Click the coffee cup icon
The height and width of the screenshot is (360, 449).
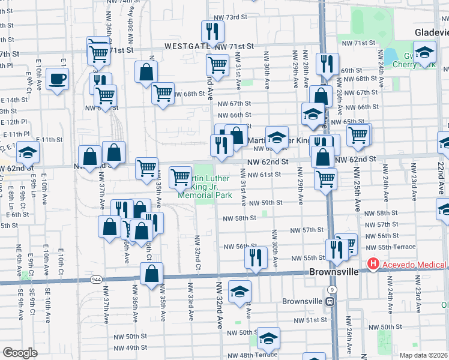[58, 79]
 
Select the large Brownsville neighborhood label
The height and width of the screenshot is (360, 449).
[334, 271]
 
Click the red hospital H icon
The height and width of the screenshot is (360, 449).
[373, 264]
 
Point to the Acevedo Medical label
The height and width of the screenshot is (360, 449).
[415, 265]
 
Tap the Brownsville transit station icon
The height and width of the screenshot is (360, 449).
[330, 301]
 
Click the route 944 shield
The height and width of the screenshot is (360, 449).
[96, 280]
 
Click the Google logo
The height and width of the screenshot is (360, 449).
[20, 353]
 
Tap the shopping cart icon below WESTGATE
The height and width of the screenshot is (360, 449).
[217, 64]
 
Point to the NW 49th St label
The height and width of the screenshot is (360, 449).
[130, 348]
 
